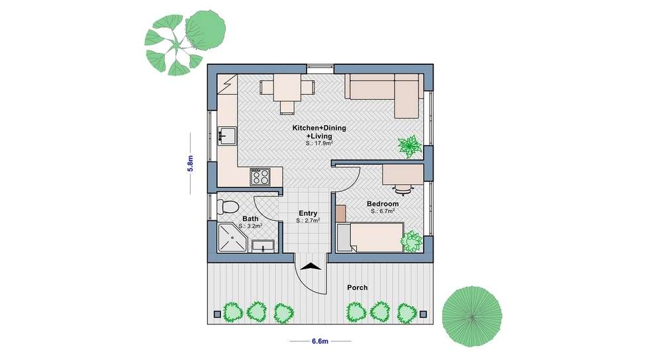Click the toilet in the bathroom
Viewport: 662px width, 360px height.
pyautogui.click(x=228, y=206)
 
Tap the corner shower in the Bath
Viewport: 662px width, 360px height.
pyautogui.click(x=232, y=238)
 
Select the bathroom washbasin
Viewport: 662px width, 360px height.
pyautogui.click(x=263, y=246)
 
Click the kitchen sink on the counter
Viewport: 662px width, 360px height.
pyautogui.click(x=226, y=136)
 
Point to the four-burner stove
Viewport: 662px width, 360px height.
pyautogui.click(x=260, y=177)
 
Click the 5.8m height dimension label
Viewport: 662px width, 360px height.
pyautogui.click(x=190, y=163)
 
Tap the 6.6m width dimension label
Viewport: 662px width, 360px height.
pyautogui.click(x=320, y=341)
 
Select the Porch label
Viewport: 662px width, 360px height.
pyautogui.click(x=357, y=287)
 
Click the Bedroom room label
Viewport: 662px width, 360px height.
pyautogui.click(x=383, y=204)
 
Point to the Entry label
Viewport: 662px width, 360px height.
pyautogui.click(x=308, y=213)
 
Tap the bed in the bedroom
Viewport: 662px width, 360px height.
pyautogui.click(x=370, y=237)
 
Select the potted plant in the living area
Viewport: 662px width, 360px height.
pyautogui.click(x=409, y=146)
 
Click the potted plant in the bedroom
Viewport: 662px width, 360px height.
pyautogui.click(x=412, y=242)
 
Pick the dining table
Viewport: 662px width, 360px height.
pyautogui.click(x=287, y=87)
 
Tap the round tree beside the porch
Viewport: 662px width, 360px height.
pyautogui.click(x=472, y=316)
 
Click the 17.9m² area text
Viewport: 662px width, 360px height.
pyautogui.click(x=320, y=144)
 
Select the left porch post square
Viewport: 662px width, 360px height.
pyautogui.click(x=217, y=314)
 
